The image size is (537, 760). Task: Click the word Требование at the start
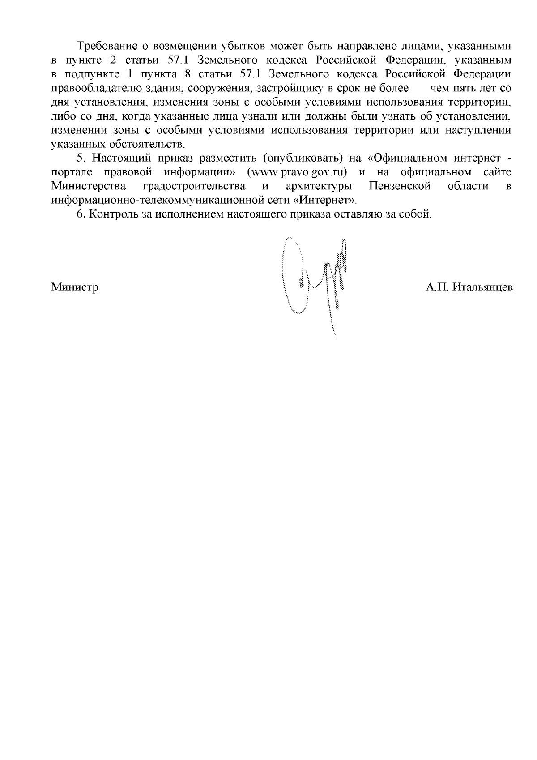pyautogui.click(x=104, y=46)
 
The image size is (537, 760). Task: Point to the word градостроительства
pyautogui.click(x=193, y=186)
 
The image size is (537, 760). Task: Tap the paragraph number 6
pyautogui.click(x=81, y=214)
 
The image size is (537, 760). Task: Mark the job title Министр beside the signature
pyautogui.click(x=75, y=287)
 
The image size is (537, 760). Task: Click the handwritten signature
pyautogui.click(x=315, y=280)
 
